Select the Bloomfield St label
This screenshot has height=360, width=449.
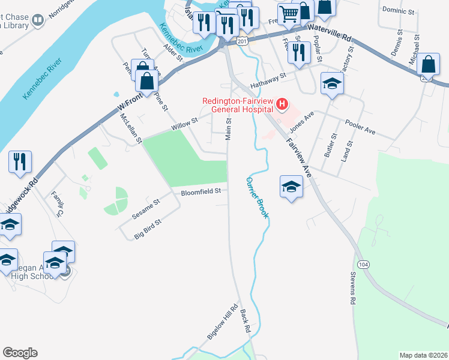[x=202, y=192]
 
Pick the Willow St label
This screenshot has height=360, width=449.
[x=184, y=124]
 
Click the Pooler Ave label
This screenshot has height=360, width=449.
[x=360, y=127]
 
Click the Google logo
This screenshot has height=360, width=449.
[x=20, y=352]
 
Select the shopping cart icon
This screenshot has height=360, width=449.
[x=289, y=14]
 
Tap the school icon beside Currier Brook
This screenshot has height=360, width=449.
[x=291, y=186]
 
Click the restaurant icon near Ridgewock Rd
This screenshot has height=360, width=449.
[x=20, y=162]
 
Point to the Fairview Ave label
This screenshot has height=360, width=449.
[x=300, y=155]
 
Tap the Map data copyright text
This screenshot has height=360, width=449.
[x=423, y=355]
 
